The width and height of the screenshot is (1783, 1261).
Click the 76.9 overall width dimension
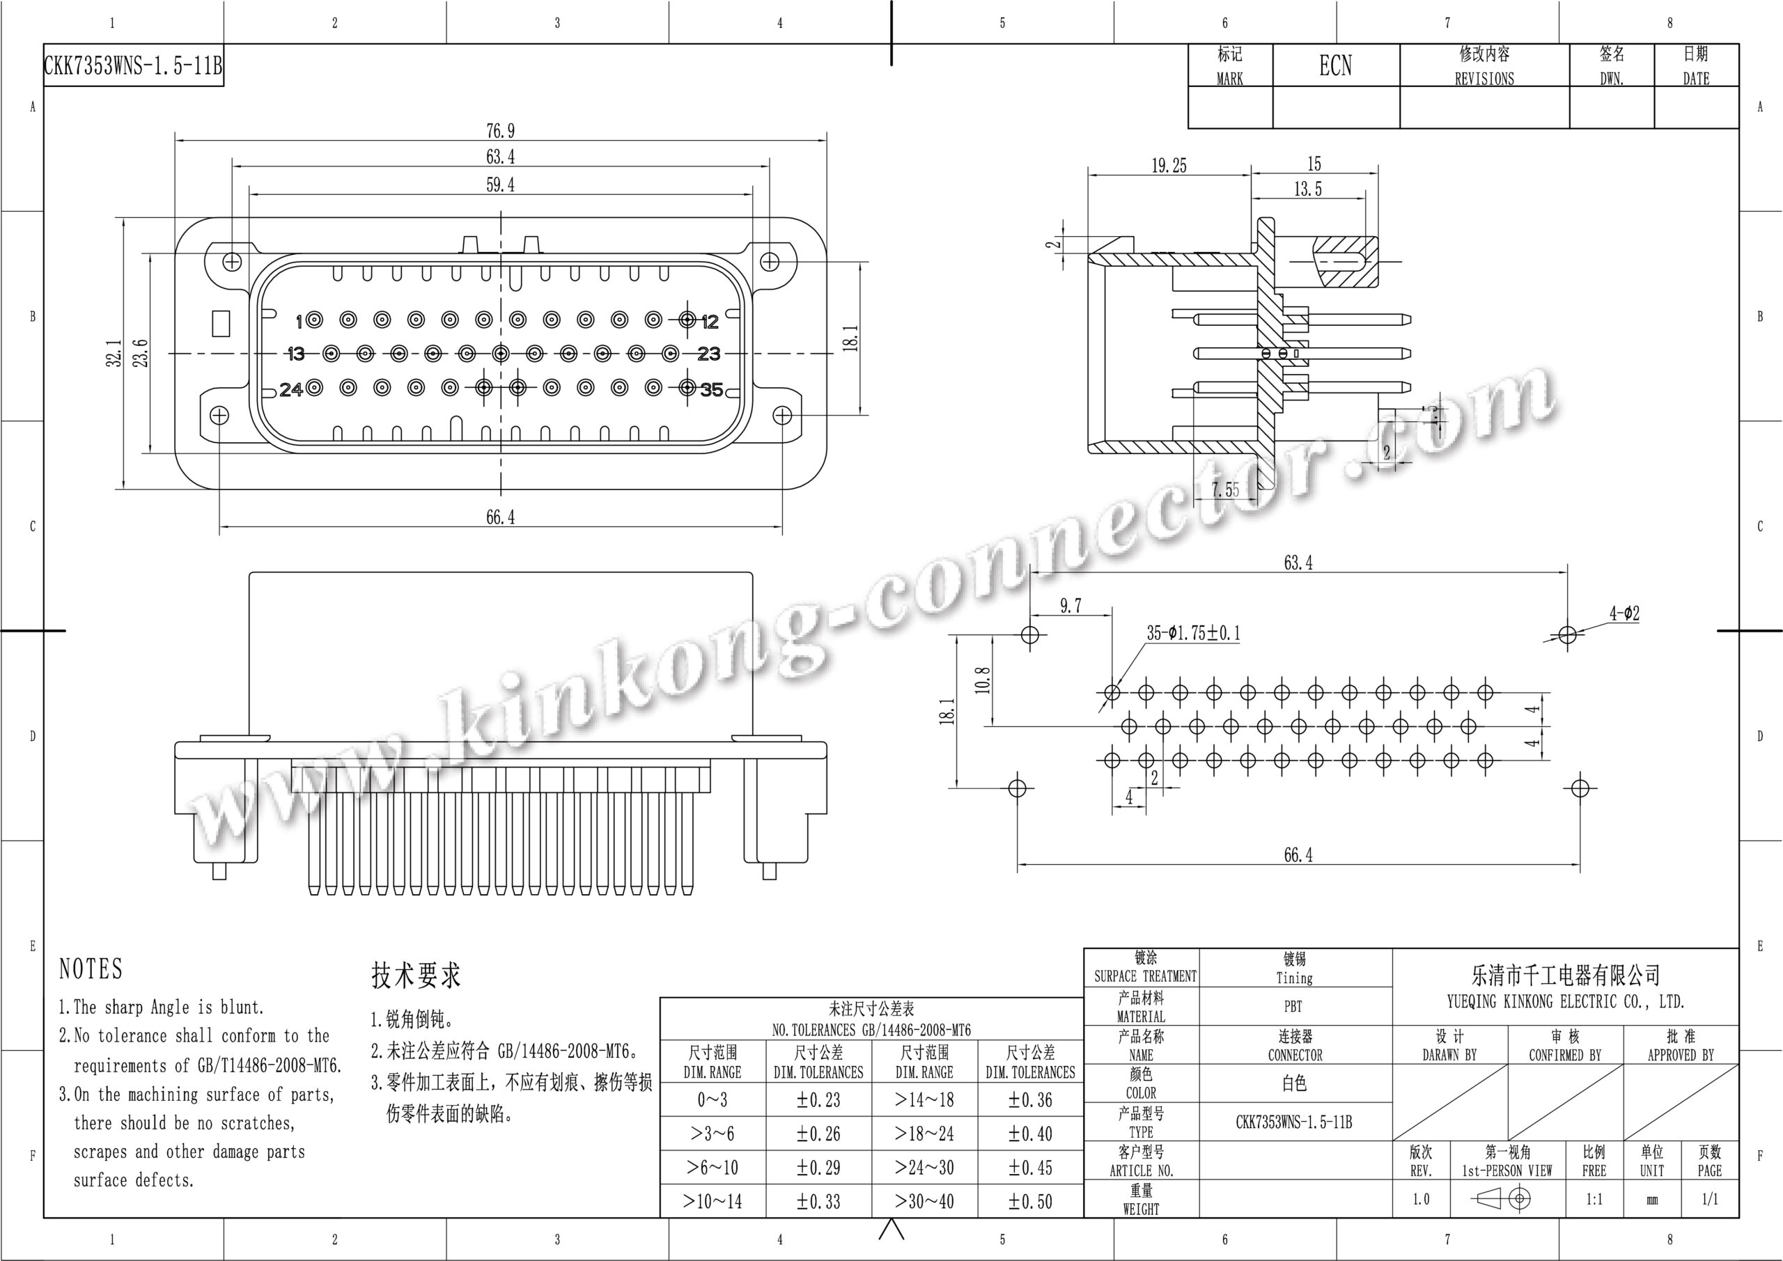pyautogui.click(x=500, y=131)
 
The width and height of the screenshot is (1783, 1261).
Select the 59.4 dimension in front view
pyautogui.click(x=500, y=185)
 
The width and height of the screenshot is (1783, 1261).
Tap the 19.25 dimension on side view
pyautogui.click(x=1169, y=166)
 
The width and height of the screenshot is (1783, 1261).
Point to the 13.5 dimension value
pyautogui.click(x=1308, y=189)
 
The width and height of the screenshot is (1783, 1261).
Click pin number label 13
pyautogui.click(x=295, y=354)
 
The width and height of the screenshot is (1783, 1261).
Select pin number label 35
pyautogui.click(x=711, y=390)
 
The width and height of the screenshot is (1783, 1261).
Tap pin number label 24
pyautogui.click(x=291, y=389)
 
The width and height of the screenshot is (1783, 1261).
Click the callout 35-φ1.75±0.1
pyautogui.click(x=1194, y=633)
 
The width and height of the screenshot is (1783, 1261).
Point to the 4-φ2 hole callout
pyautogui.click(x=1625, y=613)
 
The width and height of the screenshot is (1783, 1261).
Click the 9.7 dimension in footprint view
pyautogui.click(x=1071, y=606)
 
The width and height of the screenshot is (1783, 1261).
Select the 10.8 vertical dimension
pyautogui.click(x=983, y=680)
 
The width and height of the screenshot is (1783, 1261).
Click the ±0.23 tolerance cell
pyautogui.click(x=818, y=1100)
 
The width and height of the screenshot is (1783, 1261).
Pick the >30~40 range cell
pyautogui.click(x=924, y=1202)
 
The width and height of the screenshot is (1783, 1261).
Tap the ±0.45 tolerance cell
pyautogui.click(x=1031, y=1168)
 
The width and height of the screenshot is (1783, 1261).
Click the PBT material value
pyautogui.click(x=1293, y=1006)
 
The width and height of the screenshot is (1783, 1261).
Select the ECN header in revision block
pyautogui.click(x=1336, y=66)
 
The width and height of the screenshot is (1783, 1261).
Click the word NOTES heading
pyautogui.click(x=91, y=969)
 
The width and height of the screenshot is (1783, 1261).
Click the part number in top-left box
pyautogui.click(x=133, y=66)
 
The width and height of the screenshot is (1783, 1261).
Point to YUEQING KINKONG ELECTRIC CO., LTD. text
pyautogui.click(x=1566, y=1002)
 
